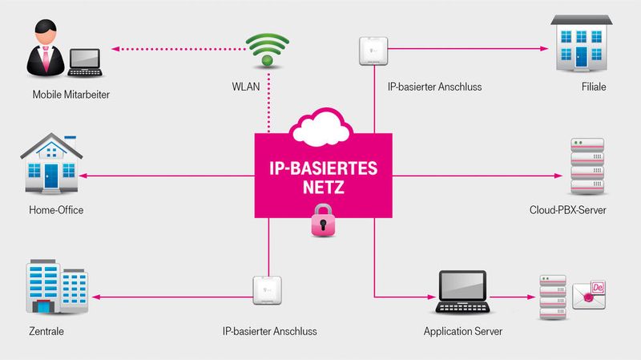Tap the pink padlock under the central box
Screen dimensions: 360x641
(x=323, y=220)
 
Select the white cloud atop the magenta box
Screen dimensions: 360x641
(x=323, y=126)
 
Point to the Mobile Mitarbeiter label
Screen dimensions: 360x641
(x=71, y=95)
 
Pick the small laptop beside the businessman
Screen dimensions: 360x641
(x=85, y=63)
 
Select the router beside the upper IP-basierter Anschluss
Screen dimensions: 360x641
(x=374, y=49)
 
